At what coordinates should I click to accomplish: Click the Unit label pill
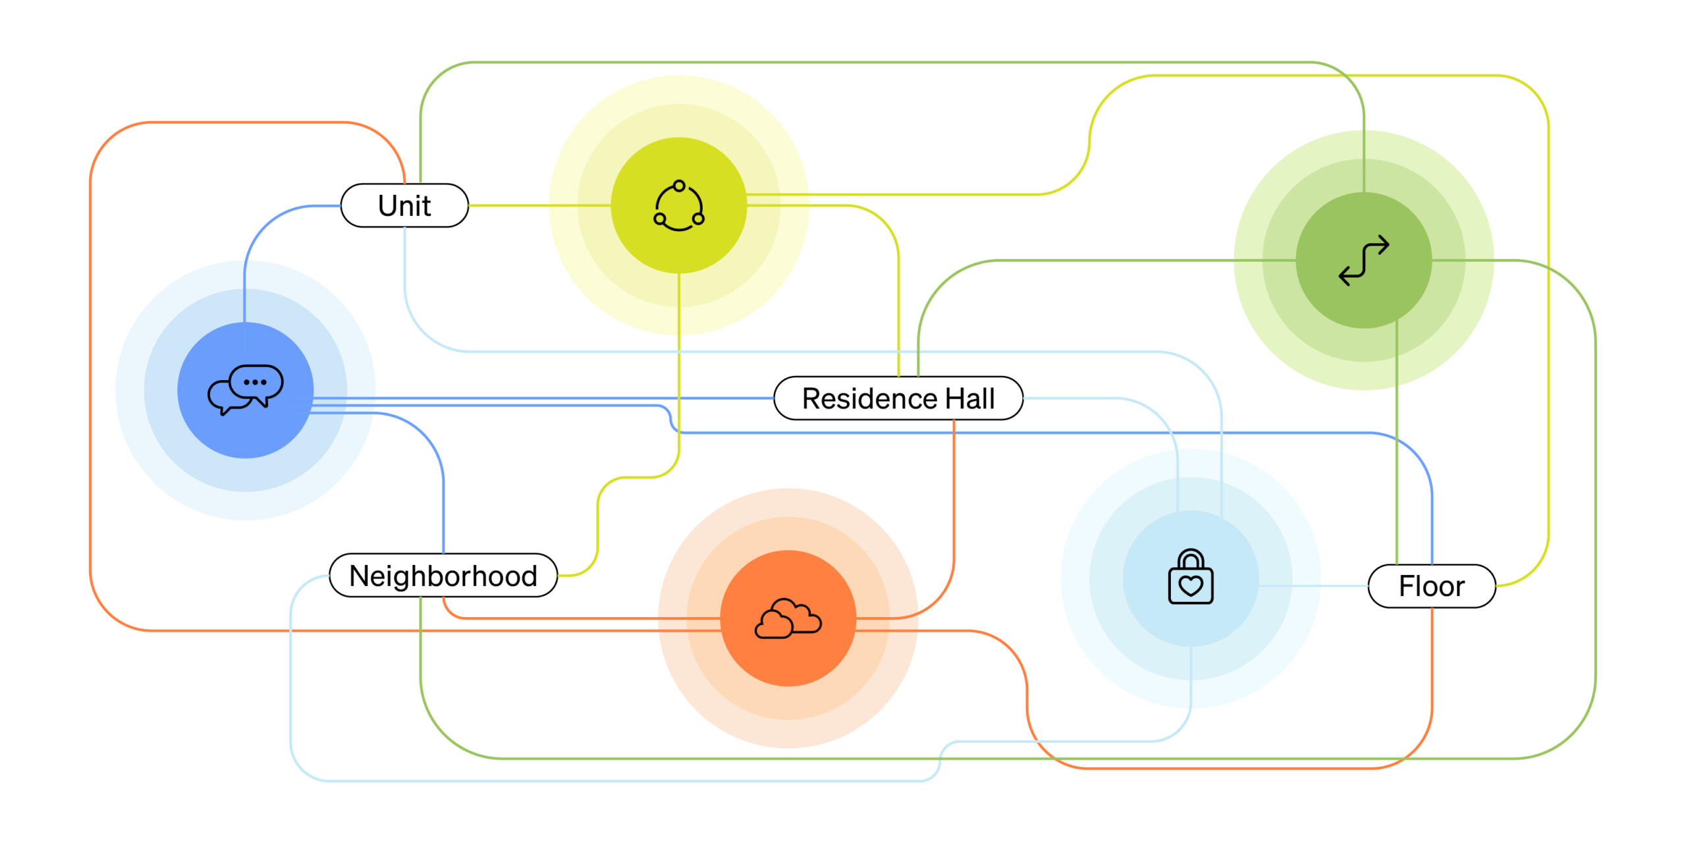pyautogui.click(x=404, y=205)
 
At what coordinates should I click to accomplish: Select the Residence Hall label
pyautogui.click(x=898, y=398)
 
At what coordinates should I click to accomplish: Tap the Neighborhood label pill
pyautogui.click(x=443, y=576)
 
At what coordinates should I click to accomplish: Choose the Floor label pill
pyautogui.click(x=1431, y=586)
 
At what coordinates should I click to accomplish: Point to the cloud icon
pyautogui.click(x=788, y=619)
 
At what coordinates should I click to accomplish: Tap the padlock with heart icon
pyautogui.click(x=1190, y=578)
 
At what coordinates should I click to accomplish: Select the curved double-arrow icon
pyautogui.click(x=1363, y=261)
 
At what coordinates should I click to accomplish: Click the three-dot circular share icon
pyautogui.click(x=678, y=206)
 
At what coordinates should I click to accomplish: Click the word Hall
pyautogui.click(x=969, y=398)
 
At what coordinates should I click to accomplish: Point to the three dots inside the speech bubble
pyautogui.click(x=255, y=382)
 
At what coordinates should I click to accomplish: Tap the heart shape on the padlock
pyautogui.click(x=1190, y=585)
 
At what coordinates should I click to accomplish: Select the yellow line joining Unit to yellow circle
pyautogui.click(x=540, y=205)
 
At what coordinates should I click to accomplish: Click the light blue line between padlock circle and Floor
pyautogui.click(x=1314, y=585)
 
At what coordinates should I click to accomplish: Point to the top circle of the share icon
pyautogui.click(x=679, y=186)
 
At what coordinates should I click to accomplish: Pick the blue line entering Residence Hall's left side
pyautogui.click(x=724, y=398)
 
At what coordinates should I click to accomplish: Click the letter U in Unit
pyautogui.click(x=387, y=205)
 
